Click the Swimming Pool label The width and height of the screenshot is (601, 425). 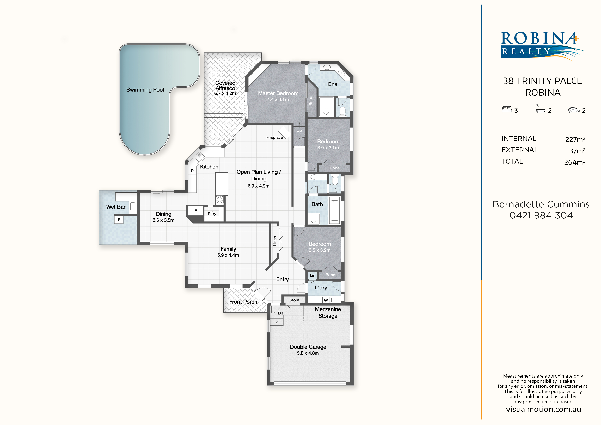(x=145, y=90)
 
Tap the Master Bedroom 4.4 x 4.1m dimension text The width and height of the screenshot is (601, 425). (x=278, y=100)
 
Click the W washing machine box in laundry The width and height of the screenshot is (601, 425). (x=326, y=300)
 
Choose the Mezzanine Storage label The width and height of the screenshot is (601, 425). (x=328, y=312)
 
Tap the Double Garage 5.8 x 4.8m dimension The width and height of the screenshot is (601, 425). (x=308, y=353)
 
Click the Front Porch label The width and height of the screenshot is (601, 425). (x=243, y=302)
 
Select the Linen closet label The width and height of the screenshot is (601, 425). (x=275, y=241)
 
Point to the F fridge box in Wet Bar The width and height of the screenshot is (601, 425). (x=119, y=220)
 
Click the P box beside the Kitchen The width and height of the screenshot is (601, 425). (x=192, y=171)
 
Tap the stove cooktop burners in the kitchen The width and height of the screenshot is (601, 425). (x=220, y=199)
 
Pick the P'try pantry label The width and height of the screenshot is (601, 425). (x=212, y=214)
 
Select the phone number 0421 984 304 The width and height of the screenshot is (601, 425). (x=541, y=215)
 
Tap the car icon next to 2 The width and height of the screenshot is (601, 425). (x=574, y=110)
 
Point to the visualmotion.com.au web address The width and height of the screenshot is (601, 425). (x=543, y=409)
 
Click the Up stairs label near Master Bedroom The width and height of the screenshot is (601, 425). (x=299, y=130)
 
